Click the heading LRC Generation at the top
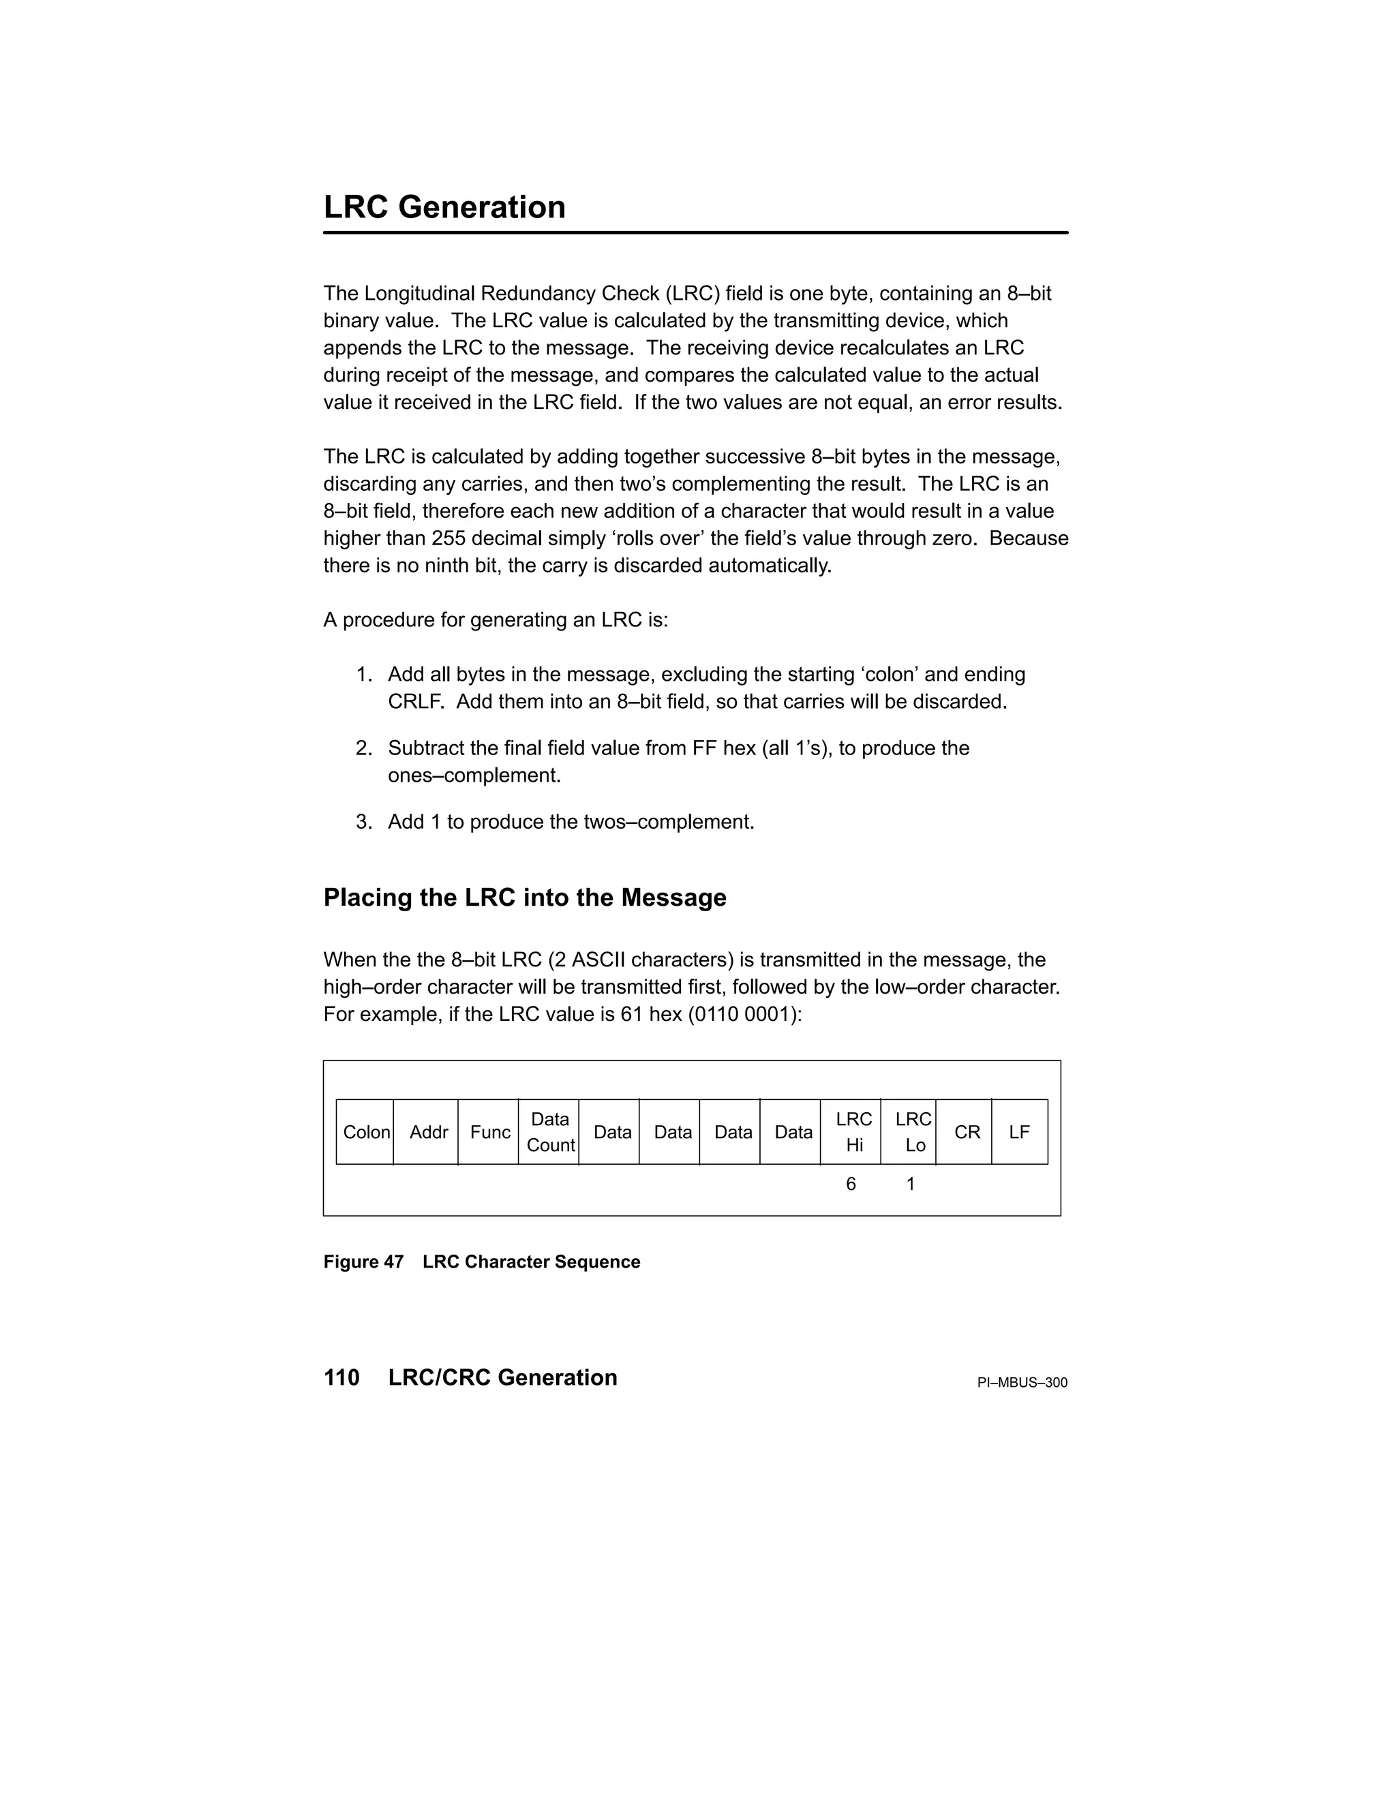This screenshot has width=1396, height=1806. pyautogui.click(x=444, y=208)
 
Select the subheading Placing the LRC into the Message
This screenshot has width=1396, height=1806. pyautogui.click(x=524, y=898)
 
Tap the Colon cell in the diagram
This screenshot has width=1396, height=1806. pyautogui.click(x=365, y=1132)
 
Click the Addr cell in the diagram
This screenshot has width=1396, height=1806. pyautogui.click(x=428, y=1132)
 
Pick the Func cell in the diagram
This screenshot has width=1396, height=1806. pyautogui.click(x=489, y=1132)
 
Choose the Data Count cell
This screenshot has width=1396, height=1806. pyautogui.click(x=550, y=1132)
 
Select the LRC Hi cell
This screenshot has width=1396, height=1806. pyautogui.click(x=853, y=1132)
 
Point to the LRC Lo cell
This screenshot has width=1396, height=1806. pyautogui.click(x=912, y=1132)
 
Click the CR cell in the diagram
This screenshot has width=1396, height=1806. pyautogui.click(x=967, y=1132)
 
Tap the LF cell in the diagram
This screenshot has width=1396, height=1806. pyautogui.click(x=1019, y=1132)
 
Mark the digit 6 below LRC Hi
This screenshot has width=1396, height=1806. pyautogui.click(x=851, y=1184)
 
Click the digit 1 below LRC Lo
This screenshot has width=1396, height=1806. pyautogui.click(x=911, y=1184)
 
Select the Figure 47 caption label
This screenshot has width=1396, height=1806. pyautogui.click(x=363, y=1262)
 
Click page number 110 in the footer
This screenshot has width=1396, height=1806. pyautogui.click(x=342, y=1377)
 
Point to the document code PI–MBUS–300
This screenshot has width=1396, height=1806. pyautogui.click(x=1022, y=1383)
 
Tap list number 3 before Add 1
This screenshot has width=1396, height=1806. pyautogui.click(x=364, y=822)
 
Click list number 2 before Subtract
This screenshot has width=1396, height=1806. pyautogui.click(x=364, y=748)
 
